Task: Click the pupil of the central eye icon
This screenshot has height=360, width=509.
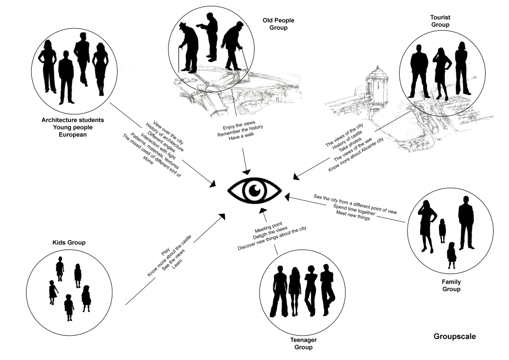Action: coord(254,189)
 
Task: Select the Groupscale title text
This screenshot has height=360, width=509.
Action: coord(454,337)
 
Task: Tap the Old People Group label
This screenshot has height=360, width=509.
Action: coord(278,24)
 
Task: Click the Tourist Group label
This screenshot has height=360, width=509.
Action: coord(440,21)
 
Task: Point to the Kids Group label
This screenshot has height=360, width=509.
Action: coord(69,243)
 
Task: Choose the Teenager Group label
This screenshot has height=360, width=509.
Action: coord(303,344)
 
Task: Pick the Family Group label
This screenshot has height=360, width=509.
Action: coord(451,285)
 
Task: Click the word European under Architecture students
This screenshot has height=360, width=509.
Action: coord(73,135)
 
